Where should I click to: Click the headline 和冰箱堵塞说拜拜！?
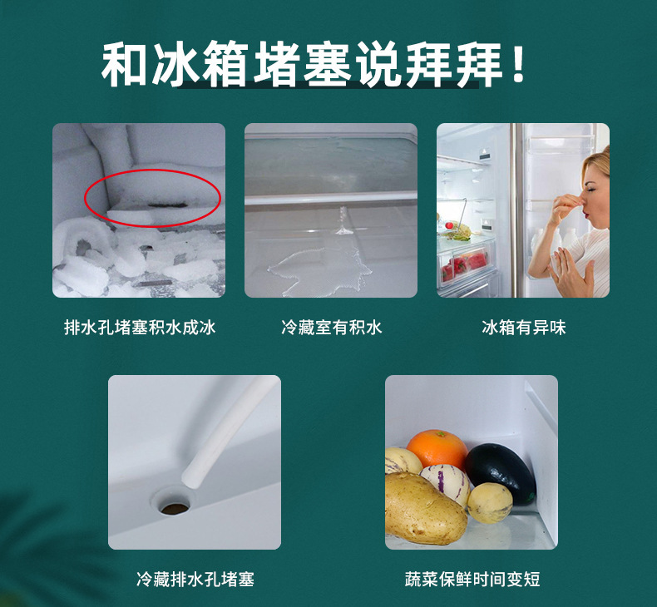click(x=314, y=66)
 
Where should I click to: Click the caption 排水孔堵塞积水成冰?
click(x=139, y=327)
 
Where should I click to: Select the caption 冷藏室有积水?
click(x=330, y=327)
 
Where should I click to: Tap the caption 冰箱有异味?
click(x=523, y=327)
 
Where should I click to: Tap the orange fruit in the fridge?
click(x=437, y=448)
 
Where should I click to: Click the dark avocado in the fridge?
click(x=499, y=471)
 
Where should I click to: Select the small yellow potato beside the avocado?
click(x=489, y=502)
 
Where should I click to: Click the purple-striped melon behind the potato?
click(x=446, y=481)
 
